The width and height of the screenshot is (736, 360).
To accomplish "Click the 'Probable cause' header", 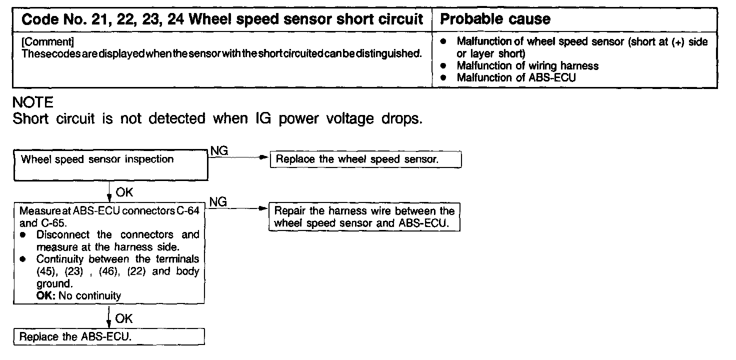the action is [495, 19].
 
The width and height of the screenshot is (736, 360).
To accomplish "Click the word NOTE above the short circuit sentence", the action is [32, 102].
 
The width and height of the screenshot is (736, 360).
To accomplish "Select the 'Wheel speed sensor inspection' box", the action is [110, 166].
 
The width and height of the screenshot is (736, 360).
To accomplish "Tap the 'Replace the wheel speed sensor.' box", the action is [364, 160].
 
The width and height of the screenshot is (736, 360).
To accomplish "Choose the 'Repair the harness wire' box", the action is [364, 217].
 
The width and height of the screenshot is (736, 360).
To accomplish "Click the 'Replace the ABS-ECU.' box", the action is [109, 336].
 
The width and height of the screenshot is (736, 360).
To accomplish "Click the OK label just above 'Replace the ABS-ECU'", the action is [124, 318].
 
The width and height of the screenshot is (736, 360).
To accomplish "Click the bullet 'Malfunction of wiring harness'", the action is [527, 65].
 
